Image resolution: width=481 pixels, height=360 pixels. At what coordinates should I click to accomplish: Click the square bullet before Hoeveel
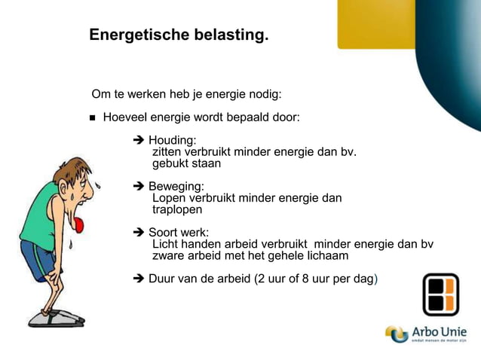tap(93, 118)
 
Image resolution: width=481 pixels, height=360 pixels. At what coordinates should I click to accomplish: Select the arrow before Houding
tap(138, 140)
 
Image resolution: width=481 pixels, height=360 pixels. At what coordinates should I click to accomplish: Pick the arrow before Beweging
tap(138, 186)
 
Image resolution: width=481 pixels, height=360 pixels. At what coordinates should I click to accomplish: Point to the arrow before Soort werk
tap(138, 232)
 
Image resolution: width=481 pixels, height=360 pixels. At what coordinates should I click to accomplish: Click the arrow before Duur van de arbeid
tap(138, 279)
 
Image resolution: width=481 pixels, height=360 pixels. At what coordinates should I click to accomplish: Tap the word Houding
tap(172, 140)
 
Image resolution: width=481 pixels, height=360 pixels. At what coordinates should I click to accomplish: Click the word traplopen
tap(177, 209)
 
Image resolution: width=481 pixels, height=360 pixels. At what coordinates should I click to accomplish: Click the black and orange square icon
tap(440, 294)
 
